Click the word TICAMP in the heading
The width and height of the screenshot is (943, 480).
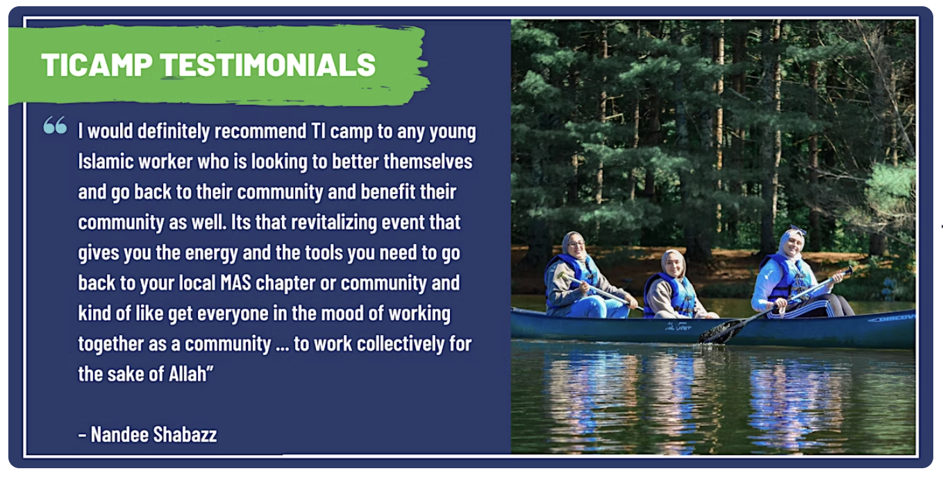click(97, 65)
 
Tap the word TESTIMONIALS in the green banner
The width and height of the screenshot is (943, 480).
click(268, 65)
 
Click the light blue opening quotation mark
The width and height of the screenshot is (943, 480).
click(55, 125)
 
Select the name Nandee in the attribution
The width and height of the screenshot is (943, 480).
click(119, 434)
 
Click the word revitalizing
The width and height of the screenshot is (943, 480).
click(334, 223)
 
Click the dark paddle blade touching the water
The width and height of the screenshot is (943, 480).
click(721, 331)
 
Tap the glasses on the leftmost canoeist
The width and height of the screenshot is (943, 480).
click(576, 243)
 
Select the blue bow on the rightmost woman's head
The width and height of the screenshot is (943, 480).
click(797, 230)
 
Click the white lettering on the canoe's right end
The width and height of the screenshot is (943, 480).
click(893, 318)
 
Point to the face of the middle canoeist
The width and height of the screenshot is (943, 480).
click(673, 264)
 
